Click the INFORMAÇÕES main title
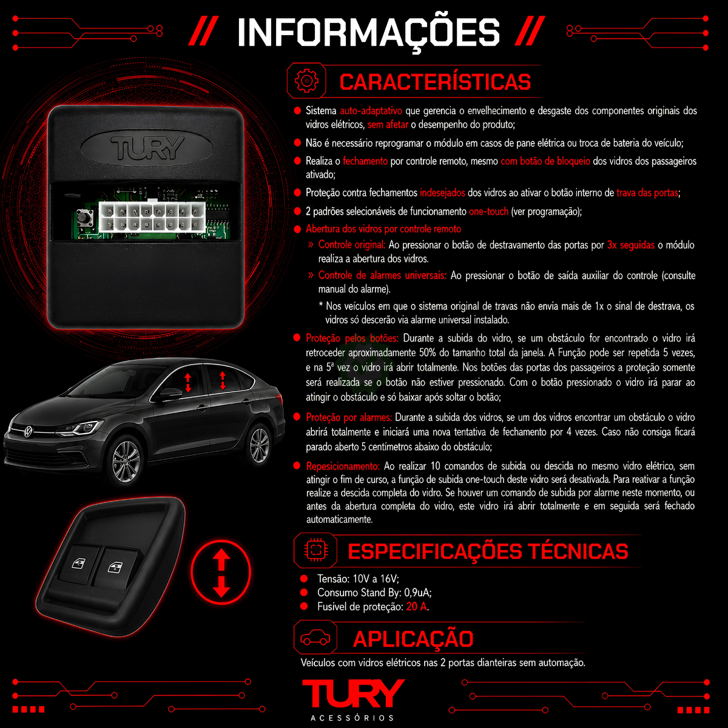click(368, 33)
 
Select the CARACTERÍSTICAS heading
click(435, 82)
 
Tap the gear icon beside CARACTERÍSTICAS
click(306, 81)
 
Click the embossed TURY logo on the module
click(147, 147)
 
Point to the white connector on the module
click(152, 217)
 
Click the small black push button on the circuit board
click(84, 218)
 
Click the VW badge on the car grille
click(28, 431)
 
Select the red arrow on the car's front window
click(187, 382)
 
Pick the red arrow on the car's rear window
click(223, 380)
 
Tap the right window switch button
click(115, 567)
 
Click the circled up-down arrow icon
click(221, 572)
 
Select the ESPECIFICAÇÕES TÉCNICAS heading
click(488, 551)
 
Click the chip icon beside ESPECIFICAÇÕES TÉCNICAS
click(316, 550)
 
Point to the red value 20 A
click(417, 606)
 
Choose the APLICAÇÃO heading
click(413, 639)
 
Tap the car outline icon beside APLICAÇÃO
click(315, 638)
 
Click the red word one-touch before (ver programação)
click(488, 212)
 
